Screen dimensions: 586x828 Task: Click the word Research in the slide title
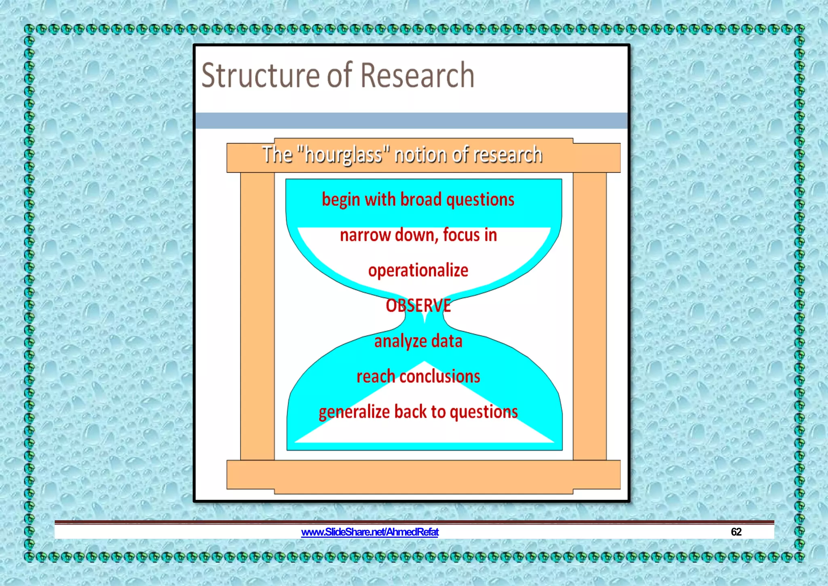(417, 75)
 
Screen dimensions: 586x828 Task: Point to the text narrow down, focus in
(418, 235)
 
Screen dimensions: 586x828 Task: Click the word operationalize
(418, 270)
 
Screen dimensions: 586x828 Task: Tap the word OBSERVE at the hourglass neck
(418, 306)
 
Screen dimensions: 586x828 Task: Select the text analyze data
(418, 341)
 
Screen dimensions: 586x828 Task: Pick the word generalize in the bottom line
(354, 412)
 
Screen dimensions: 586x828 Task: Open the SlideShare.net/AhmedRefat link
(370, 532)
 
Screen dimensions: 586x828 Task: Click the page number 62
(736, 532)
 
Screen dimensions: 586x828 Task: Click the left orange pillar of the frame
(258, 316)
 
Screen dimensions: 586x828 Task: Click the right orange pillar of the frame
(589, 316)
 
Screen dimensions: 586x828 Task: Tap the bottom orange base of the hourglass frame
(423, 476)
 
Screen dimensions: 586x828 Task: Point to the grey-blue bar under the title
(411, 121)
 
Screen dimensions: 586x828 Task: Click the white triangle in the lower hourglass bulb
(424, 433)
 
